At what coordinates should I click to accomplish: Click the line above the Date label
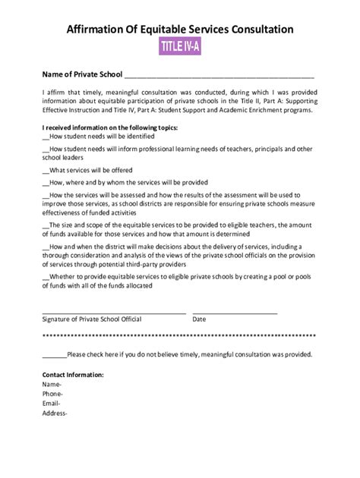click(235, 312)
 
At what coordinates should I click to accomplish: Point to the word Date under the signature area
click(199, 320)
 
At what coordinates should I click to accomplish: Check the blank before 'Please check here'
click(54, 354)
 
